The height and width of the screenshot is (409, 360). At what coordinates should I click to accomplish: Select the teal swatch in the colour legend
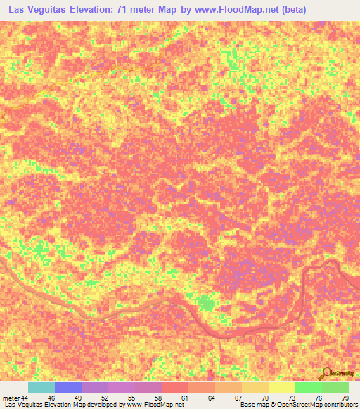pyautogui.click(x=41, y=387)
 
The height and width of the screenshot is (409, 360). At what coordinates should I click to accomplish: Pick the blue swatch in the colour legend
pyautogui.click(x=68, y=387)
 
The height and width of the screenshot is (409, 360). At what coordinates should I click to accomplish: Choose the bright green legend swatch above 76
pyautogui.click(x=308, y=387)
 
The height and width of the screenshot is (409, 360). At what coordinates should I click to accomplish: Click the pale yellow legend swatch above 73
pyautogui.click(x=281, y=387)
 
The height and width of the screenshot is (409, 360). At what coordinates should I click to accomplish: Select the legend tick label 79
pyautogui.click(x=344, y=398)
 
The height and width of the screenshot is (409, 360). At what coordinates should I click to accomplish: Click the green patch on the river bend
pyautogui.click(x=205, y=304)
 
